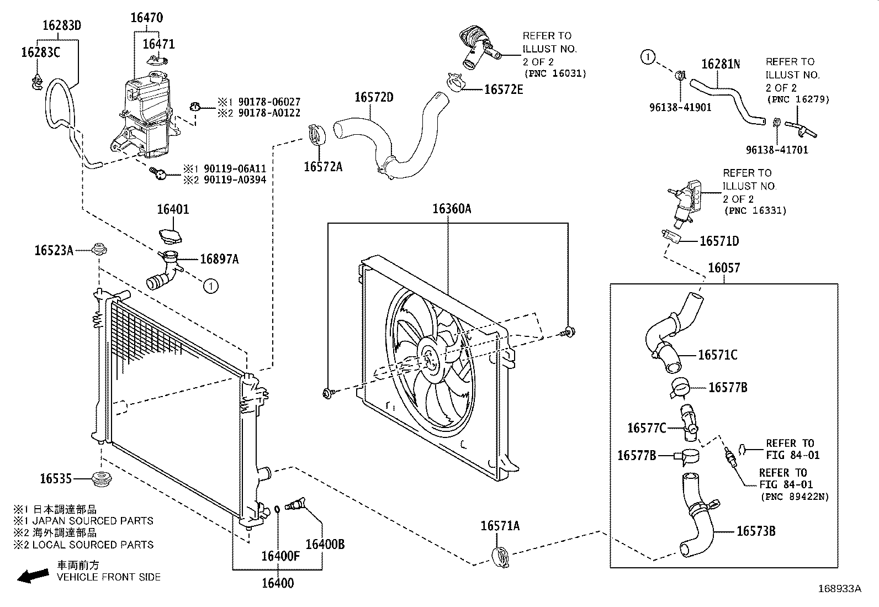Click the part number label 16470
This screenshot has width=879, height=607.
(x=146, y=18)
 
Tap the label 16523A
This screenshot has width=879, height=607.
(x=54, y=250)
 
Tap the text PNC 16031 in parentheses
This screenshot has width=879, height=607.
(x=554, y=73)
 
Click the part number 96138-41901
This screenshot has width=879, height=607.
(x=680, y=108)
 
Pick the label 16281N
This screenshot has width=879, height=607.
(x=720, y=64)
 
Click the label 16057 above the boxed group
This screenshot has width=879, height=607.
(x=723, y=268)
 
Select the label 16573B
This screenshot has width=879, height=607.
(x=756, y=531)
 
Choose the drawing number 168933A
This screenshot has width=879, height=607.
(x=839, y=589)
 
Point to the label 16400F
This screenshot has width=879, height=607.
(x=280, y=556)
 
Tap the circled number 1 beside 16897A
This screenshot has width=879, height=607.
(x=210, y=286)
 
